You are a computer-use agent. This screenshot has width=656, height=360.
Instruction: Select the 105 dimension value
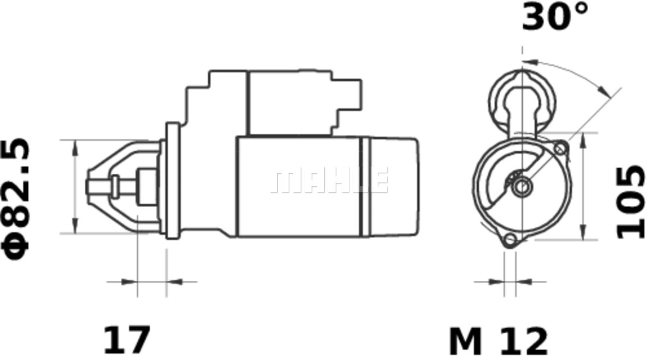[x=631, y=202]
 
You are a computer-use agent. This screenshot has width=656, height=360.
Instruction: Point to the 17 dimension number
[x=127, y=339]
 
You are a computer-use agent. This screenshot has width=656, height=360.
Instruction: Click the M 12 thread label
[x=498, y=341]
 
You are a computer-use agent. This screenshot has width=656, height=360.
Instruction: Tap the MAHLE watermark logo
[x=330, y=180]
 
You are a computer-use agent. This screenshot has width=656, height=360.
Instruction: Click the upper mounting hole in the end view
[x=560, y=149]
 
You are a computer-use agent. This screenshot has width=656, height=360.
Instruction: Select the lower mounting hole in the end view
[x=510, y=239]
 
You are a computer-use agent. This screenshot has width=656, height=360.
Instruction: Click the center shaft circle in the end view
[x=522, y=186]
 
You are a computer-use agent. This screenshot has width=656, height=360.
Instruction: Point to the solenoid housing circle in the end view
[x=522, y=103]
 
